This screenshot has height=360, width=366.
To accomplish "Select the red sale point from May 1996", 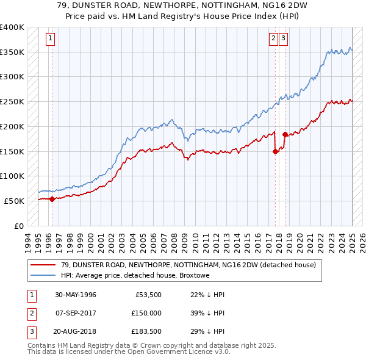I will click(52, 198).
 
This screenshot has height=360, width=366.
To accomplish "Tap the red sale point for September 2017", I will click(275, 152).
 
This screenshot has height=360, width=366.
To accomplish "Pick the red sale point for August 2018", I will click(285, 135).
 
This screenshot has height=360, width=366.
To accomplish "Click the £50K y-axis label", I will click(15, 201).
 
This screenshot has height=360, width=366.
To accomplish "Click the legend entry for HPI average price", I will click(135, 276).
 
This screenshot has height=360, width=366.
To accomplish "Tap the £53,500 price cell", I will click(149, 295).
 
